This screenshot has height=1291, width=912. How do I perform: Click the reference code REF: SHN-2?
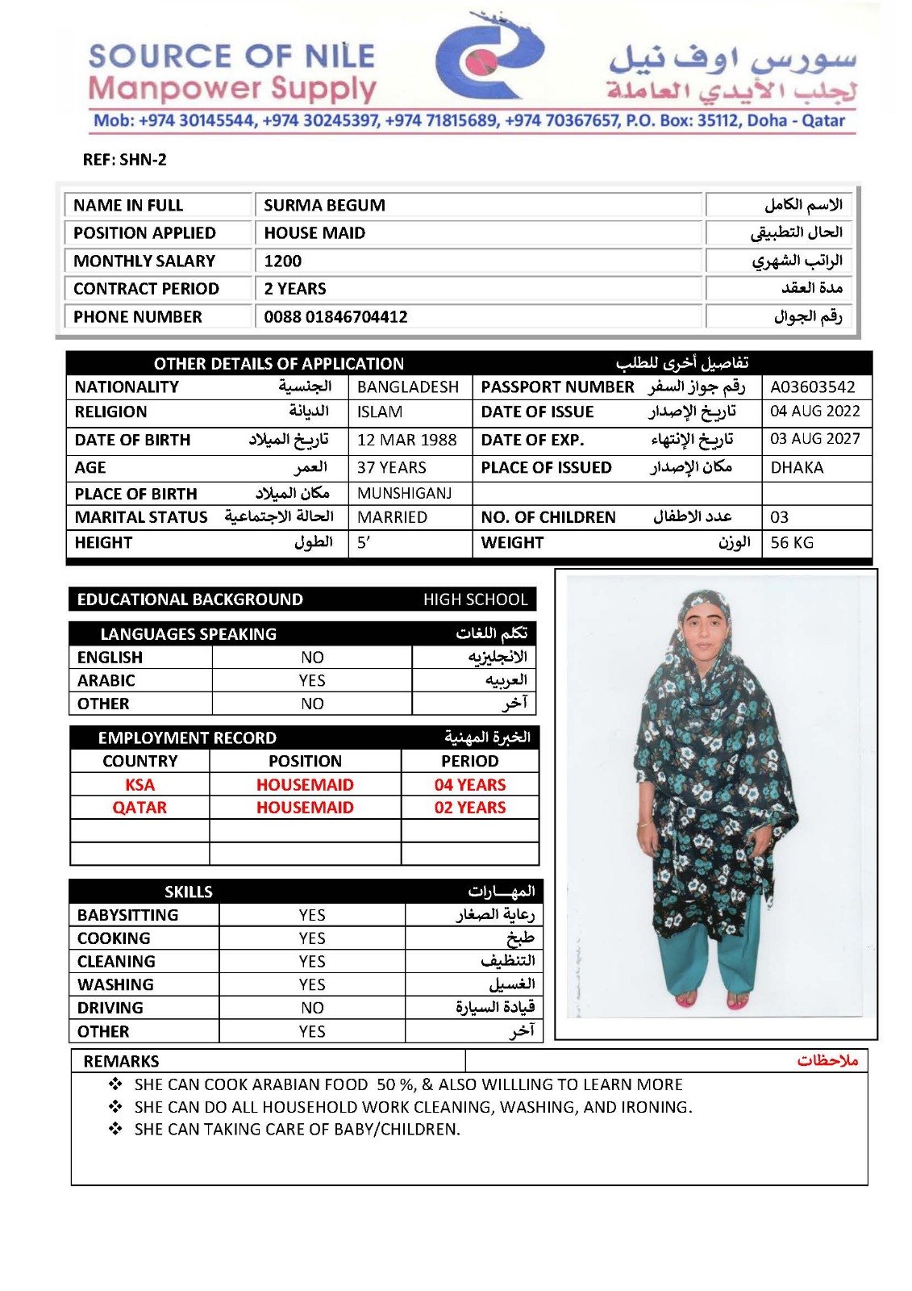[124, 160]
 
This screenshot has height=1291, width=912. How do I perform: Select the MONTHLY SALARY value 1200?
[283, 261]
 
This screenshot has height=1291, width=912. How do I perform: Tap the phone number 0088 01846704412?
[335, 317]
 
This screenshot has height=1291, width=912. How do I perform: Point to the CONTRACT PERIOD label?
[146, 289]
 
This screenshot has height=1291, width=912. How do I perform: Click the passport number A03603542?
[812, 387]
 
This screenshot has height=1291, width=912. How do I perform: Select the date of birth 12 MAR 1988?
[406, 441]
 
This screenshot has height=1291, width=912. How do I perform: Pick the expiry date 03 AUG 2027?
[814, 439]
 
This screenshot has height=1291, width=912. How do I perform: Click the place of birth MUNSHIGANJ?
[404, 494]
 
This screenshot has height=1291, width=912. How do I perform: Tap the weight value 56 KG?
[792, 543]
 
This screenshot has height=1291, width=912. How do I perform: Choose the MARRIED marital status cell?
[392, 517]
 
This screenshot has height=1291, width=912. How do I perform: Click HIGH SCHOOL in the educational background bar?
[475, 600]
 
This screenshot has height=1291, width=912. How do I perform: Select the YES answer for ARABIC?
[312, 681]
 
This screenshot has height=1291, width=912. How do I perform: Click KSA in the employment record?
[140, 785]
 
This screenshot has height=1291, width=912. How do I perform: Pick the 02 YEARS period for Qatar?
[470, 808]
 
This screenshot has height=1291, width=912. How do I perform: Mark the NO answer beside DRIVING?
[312, 1008]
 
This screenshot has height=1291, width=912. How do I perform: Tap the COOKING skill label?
[114, 938]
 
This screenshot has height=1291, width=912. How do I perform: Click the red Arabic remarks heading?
[827, 1060]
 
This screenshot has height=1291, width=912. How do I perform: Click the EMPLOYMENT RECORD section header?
[187, 738]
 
